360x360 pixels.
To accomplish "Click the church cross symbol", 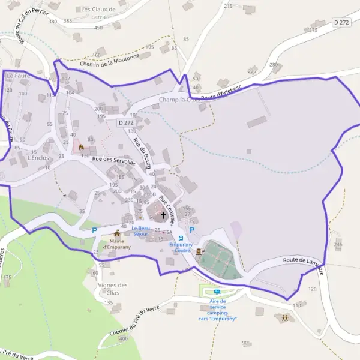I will click(163, 214).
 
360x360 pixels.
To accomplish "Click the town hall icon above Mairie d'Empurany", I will click(117, 233).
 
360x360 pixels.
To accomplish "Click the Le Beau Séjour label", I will click(141, 231).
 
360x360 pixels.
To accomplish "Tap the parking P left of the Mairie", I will click(94, 230).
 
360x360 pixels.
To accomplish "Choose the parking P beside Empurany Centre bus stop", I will click(192, 230).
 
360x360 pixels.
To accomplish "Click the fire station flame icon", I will click(81, 147).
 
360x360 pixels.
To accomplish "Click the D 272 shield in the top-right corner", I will click(341, 22).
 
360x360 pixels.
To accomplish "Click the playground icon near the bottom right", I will click(284, 317).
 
